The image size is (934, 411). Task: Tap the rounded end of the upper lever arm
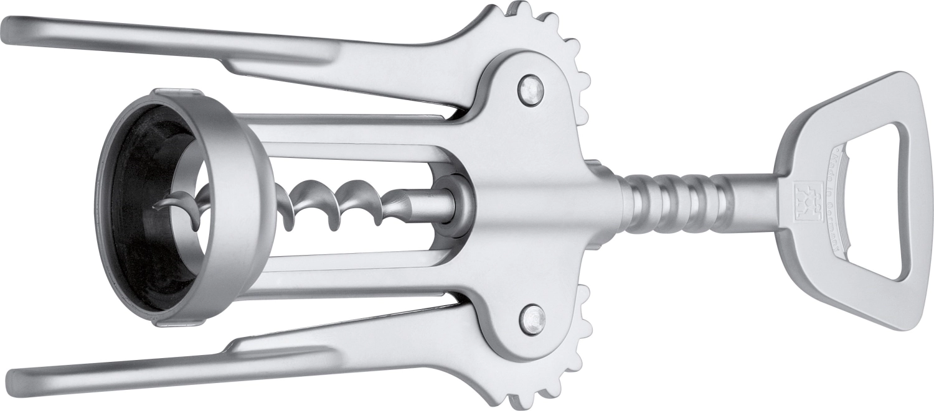(x=16, y=29)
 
